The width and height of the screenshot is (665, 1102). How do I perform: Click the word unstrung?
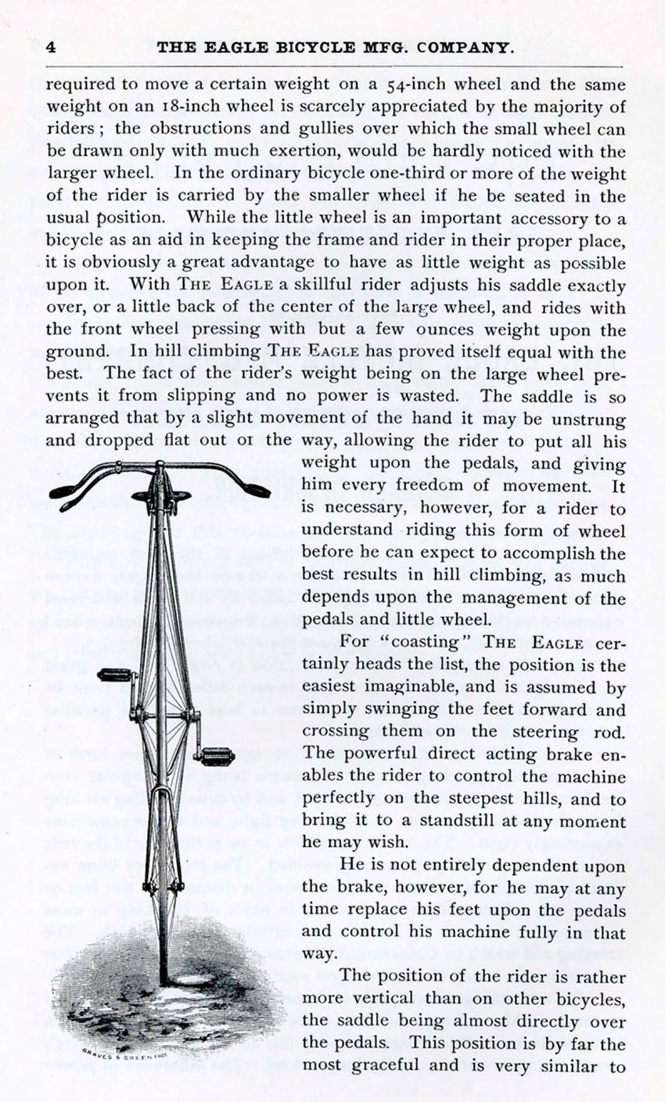tap(594, 420)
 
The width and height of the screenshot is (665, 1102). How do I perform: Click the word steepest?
tap(495, 799)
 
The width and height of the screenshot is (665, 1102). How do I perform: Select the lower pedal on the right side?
tap(217, 756)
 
